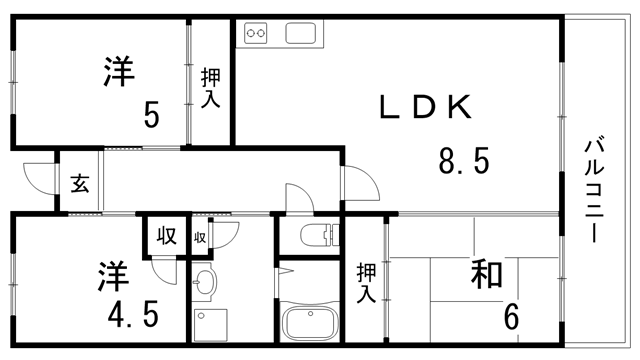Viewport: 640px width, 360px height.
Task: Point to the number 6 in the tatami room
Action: (511, 318)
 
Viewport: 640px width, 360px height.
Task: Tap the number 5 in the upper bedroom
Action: (151, 116)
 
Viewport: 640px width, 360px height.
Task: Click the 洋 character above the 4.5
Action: (112, 274)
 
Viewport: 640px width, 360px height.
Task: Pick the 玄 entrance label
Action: (78, 183)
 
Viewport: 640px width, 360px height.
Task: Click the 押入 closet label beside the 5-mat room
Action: (210, 88)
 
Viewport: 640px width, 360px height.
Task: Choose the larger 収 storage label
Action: (165, 237)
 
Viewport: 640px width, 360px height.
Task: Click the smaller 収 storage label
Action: (199, 238)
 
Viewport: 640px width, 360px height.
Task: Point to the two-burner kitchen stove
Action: (257, 33)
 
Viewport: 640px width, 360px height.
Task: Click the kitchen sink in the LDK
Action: (301, 33)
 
